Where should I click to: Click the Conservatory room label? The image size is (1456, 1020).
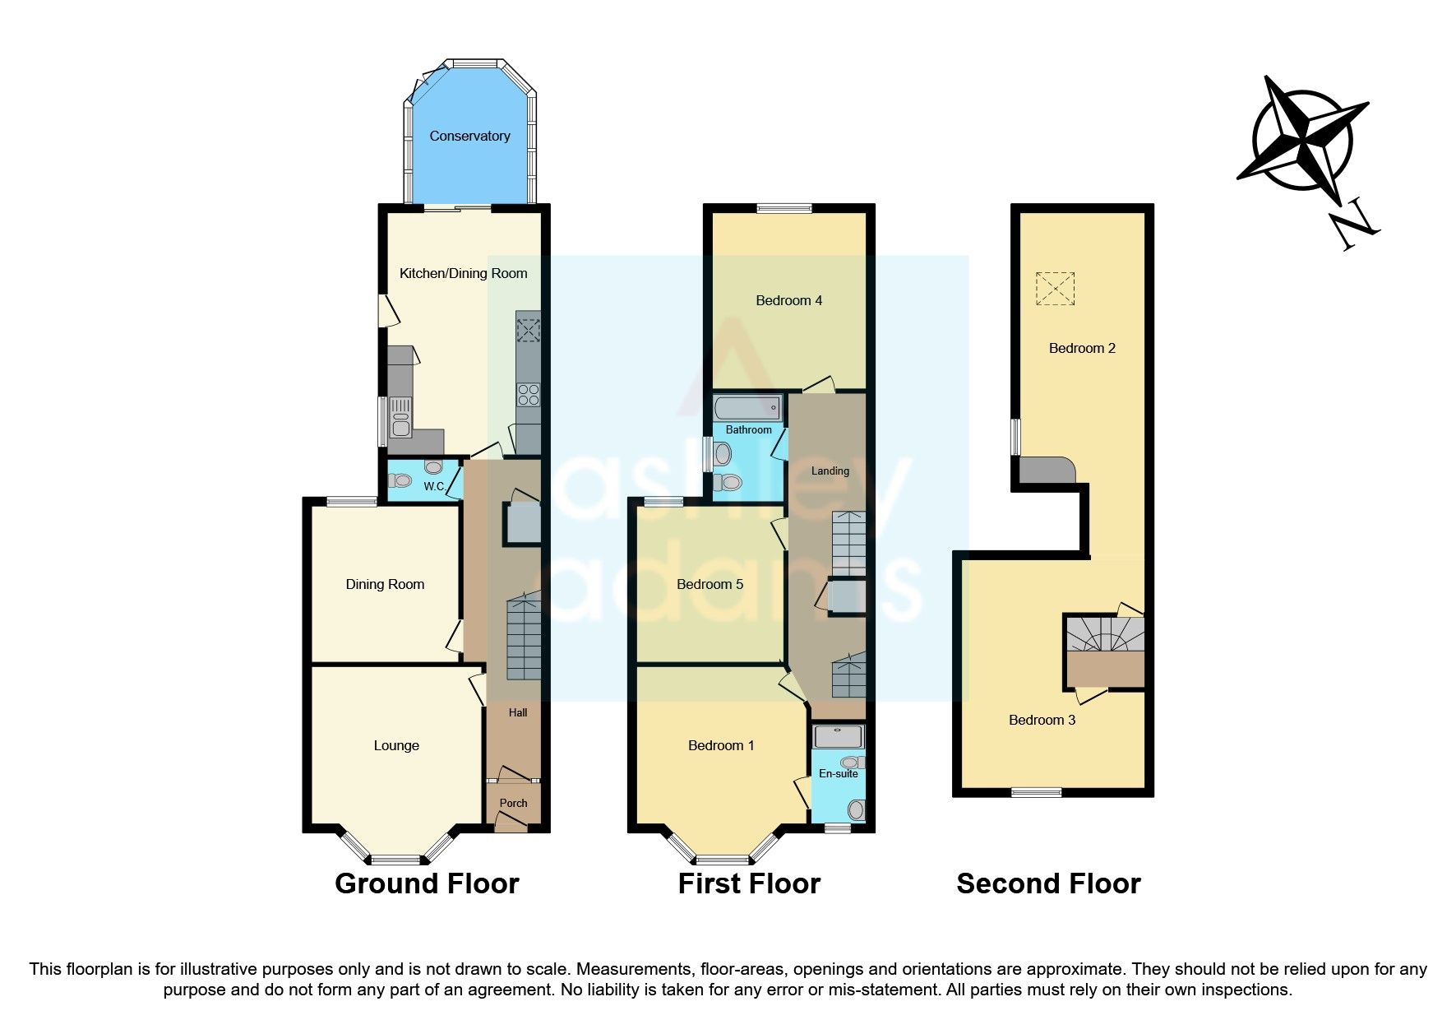[469, 136]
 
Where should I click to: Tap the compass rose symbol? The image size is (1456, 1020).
[1302, 140]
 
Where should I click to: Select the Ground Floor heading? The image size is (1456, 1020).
[427, 883]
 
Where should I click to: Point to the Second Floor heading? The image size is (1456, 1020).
[1048, 883]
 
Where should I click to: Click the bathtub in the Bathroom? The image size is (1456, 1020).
[747, 407]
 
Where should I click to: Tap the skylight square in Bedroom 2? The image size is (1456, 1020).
[1055, 289]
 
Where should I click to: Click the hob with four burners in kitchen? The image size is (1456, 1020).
[528, 395]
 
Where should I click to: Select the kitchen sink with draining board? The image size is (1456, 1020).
[400, 417]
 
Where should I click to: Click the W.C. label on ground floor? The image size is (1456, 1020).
[434, 486]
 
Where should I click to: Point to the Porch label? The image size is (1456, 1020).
[513, 803]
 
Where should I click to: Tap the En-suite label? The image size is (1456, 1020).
[838, 773]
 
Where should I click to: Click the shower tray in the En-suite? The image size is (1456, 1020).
[838, 736]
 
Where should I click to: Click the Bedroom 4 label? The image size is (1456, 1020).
[788, 300]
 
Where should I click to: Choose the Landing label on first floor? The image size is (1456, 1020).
[830, 471]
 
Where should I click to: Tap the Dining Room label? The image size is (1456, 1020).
[385, 584]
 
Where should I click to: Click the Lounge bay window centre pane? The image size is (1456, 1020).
[395, 860]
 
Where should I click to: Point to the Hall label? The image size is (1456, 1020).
[517, 712]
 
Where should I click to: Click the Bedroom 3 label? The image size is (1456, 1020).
[1042, 720]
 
